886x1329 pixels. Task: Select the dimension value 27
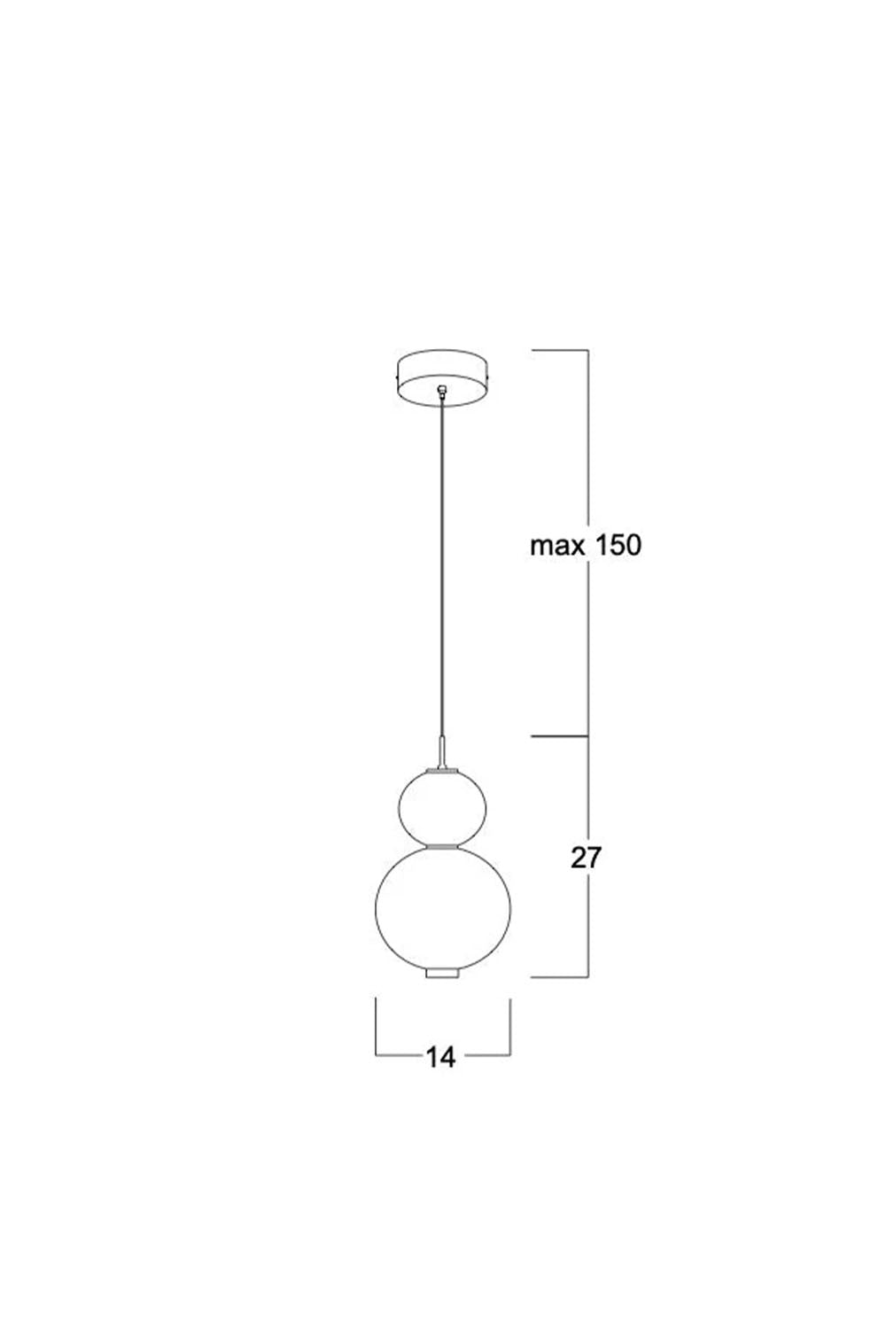(x=587, y=858)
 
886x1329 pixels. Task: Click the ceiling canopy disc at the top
(x=442, y=378)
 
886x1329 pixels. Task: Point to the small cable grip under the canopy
(x=441, y=390)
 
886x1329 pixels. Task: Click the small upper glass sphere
(x=442, y=807)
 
